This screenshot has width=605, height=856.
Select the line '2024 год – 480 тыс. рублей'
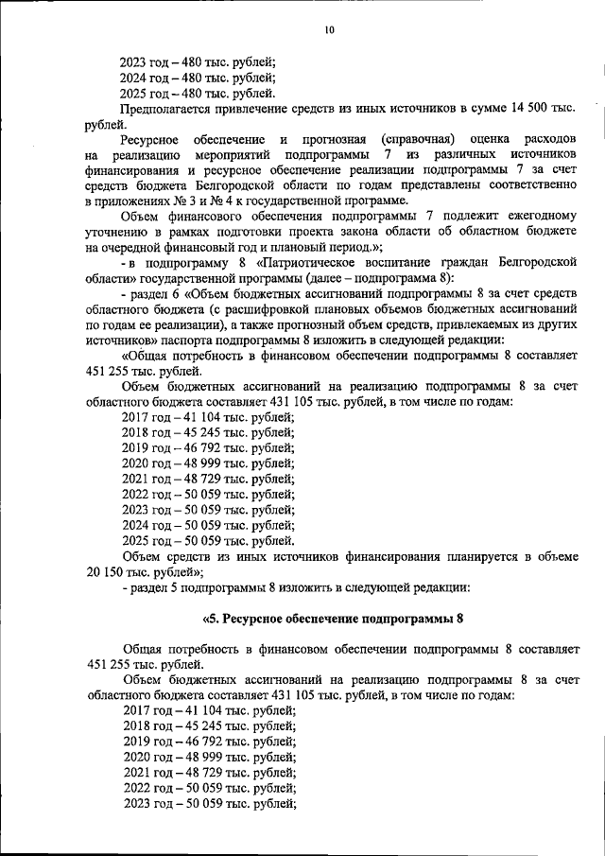(x=199, y=78)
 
